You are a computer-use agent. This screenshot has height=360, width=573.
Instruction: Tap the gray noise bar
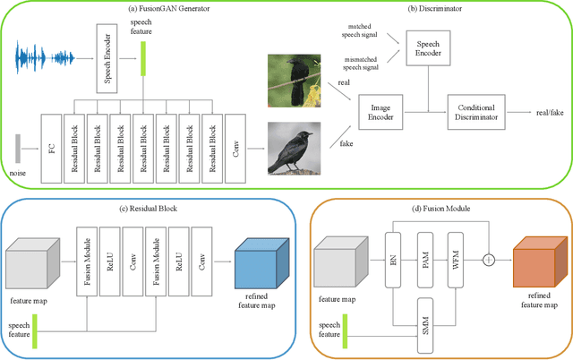pyautogui.click(x=18, y=149)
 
